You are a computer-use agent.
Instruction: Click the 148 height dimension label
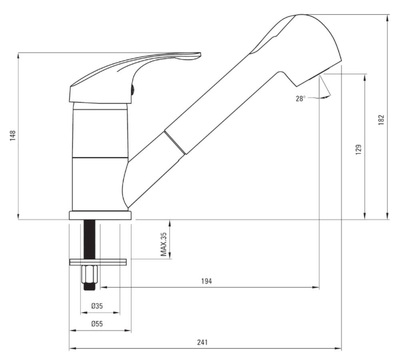12,136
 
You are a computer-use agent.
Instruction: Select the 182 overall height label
381,120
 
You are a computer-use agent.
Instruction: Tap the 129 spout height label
358,150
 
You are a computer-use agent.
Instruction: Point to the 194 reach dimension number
206,281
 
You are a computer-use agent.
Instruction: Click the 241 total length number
202,342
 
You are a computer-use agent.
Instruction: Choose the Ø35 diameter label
97,306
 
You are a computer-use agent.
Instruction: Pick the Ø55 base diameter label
97,324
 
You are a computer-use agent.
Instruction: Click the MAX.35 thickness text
163,244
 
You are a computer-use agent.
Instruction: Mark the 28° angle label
300,98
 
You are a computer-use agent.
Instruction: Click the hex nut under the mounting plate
89,274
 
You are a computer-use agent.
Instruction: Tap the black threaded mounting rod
90,239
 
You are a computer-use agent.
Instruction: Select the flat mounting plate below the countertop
98,262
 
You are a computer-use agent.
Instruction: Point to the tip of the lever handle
201,54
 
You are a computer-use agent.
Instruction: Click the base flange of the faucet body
100,215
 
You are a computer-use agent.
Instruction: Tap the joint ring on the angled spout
175,143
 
